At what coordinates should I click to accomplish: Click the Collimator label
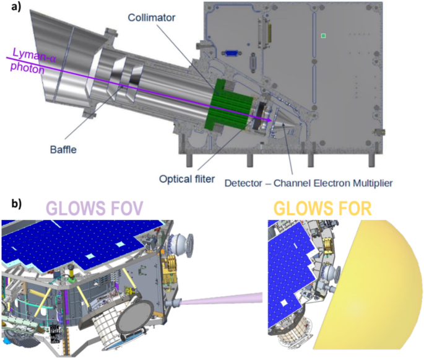(x=152, y=18)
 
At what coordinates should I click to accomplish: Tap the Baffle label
(x=63, y=150)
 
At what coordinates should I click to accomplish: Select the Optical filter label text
(x=187, y=179)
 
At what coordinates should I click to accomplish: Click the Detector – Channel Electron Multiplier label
(x=308, y=183)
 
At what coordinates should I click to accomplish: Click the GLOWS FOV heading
(x=94, y=208)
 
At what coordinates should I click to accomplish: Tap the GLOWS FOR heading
(x=322, y=208)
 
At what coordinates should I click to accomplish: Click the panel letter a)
(x=16, y=6)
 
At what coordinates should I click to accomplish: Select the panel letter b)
(x=16, y=204)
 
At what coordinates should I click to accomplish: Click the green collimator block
(x=230, y=106)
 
